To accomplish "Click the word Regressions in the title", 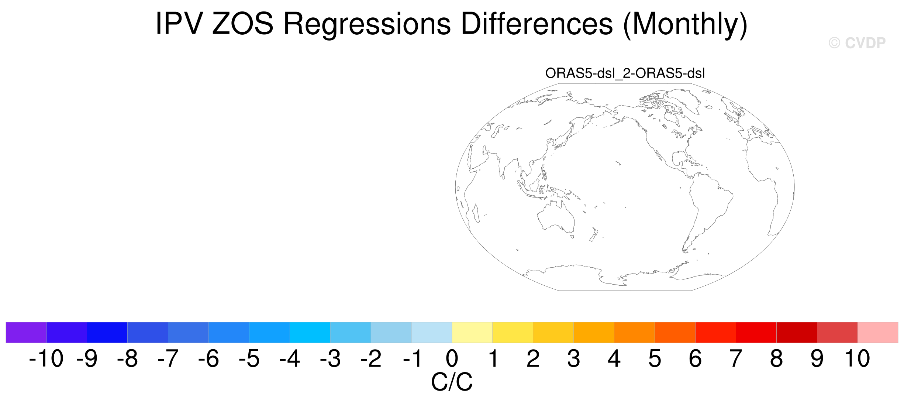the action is [367, 24].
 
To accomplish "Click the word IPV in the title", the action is [179, 24].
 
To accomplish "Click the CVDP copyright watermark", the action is [857, 43].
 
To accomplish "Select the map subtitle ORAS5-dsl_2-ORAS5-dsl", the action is [625, 73].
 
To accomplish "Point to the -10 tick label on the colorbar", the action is [46, 358].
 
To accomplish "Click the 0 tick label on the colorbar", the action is [452, 358].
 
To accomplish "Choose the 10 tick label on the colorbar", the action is [858, 358].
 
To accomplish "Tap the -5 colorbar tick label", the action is [249, 358].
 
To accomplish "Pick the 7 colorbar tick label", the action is [736, 358].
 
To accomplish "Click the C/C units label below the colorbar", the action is [452, 382].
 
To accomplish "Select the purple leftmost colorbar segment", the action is [26, 332].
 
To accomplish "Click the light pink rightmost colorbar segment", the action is [878, 332].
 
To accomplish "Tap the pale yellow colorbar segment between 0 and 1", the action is [472, 332].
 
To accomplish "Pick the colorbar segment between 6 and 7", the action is [715, 332].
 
